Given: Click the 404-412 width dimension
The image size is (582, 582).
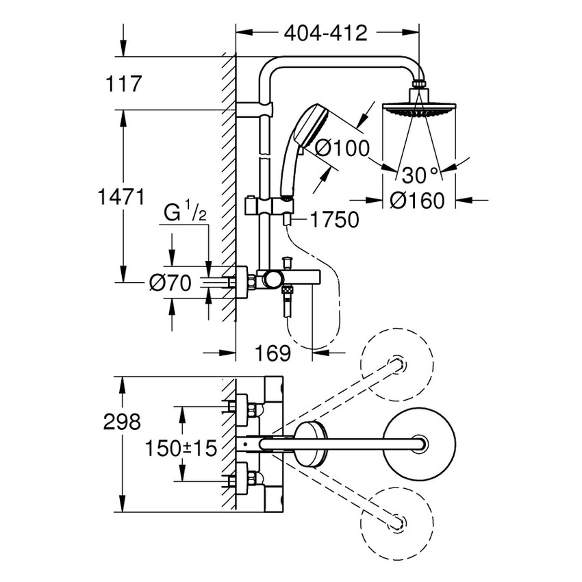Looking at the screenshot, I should [327, 32].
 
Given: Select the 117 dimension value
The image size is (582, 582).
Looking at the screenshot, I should [124, 84].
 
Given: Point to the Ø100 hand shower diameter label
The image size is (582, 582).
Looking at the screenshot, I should [342, 147].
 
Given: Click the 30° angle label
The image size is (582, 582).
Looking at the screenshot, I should [420, 175].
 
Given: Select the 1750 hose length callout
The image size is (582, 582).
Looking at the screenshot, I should [333, 220].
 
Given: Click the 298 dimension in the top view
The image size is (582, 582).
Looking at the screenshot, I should [121, 421].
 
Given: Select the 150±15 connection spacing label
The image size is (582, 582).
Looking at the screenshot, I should [181, 448].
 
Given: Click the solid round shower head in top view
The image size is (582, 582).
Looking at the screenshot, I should [416, 444].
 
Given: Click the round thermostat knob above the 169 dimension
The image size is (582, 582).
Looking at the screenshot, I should [273, 278].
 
